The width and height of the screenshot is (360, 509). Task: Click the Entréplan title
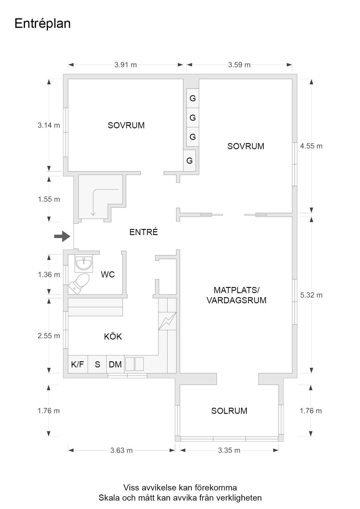click(x=42, y=24)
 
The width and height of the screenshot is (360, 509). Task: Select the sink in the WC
click(x=84, y=263)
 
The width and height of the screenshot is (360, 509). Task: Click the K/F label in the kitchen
click(x=77, y=364)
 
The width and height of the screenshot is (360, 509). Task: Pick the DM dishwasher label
click(x=115, y=364)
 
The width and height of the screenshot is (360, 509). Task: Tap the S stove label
click(x=97, y=364)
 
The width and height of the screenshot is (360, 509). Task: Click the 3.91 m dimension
click(x=126, y=65)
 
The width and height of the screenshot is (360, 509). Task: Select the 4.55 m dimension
click(x=311, y=146)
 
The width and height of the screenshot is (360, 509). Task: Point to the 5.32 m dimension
click(x=311, y=295)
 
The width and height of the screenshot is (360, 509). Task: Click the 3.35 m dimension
click(x=229, y=451)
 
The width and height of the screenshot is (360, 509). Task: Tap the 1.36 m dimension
click(x=49, y=275)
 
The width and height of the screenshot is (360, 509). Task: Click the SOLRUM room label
click(x=229, y=411)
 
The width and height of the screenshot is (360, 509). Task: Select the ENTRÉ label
click(x=144, y=232)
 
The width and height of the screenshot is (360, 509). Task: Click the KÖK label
click(x=113, y=337)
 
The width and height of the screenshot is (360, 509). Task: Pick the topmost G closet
click(x=193, y=99)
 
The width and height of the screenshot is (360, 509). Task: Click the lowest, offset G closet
click(x=189, y=161)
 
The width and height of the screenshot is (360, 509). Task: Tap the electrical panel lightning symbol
click(x=167, y=321)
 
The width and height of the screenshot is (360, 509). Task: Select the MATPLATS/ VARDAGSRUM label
click(x=236, y=295)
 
